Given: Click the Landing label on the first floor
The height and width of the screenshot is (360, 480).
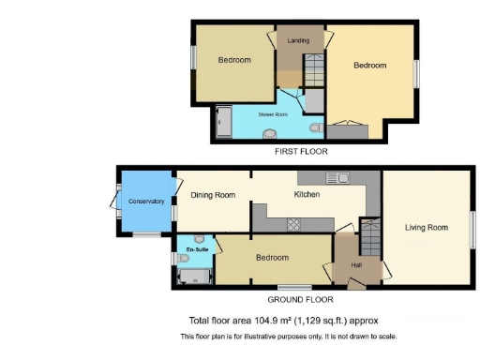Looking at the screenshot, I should [x=298, y=40].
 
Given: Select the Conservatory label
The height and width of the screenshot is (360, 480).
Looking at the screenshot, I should [x=145, y=202].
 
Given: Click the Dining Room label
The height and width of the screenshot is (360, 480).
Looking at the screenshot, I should [x=212, y=195].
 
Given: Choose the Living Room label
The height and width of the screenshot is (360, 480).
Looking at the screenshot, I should [x=427, y=227].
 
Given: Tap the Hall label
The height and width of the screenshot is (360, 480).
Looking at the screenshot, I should [x=356, y=265].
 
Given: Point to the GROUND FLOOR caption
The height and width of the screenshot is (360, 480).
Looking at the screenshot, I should [x=301, y=299].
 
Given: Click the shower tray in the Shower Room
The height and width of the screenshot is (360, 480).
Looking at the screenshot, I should [x=226, y=121].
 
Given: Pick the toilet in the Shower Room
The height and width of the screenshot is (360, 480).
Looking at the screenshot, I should [x=317, y=126].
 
